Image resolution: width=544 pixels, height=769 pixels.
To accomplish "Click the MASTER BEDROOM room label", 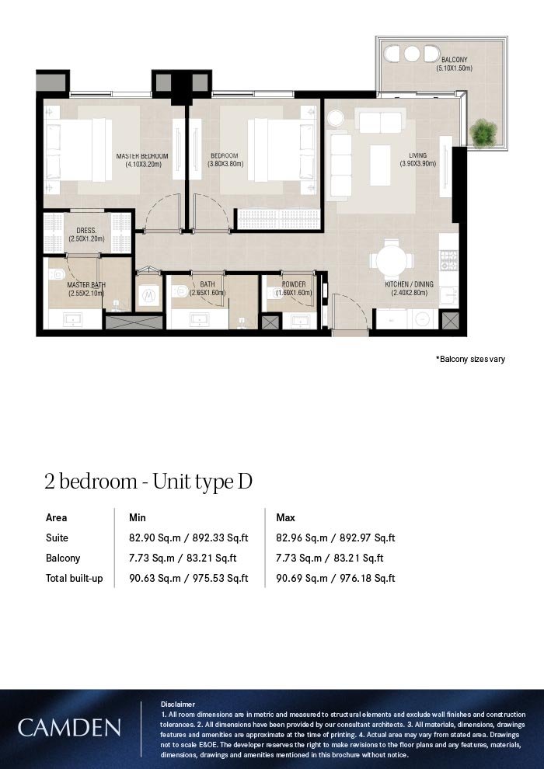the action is [x=141, y=156].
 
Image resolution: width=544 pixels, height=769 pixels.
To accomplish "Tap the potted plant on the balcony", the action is [x=483, y=132].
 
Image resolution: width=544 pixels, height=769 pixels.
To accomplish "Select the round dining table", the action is [x=391, y=260].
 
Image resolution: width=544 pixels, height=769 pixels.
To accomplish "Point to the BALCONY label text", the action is [x=454, y=59].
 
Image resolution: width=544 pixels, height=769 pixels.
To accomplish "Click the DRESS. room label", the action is [x=86, y=231].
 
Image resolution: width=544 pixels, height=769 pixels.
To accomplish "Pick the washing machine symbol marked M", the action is [x=149, y=295].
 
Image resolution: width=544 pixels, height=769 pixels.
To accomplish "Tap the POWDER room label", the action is [x=294, y=284].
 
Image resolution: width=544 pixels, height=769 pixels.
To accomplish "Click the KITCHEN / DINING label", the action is [x=409, y=284].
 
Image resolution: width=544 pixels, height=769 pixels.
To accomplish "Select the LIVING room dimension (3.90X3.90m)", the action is [x=417, y=164].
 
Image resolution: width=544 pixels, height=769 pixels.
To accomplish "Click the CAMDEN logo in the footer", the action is [x=69, y=728].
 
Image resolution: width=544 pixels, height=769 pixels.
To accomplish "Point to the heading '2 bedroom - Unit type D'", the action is [x=148, y=482].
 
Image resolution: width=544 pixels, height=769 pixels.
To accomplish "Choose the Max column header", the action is [x=285, y=517].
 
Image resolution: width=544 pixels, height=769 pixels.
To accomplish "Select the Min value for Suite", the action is [x=188, y=538].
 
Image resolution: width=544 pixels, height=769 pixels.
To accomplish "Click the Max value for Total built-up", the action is [x=336, y=578].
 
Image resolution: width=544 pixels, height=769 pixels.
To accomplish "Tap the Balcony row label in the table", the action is [x=63, y=558].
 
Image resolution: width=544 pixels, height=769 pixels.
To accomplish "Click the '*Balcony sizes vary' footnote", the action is [x=470, y=359].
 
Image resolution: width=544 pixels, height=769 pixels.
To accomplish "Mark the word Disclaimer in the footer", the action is [x=177, y=705].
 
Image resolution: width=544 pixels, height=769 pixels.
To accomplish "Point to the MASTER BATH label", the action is [x=86, y=285].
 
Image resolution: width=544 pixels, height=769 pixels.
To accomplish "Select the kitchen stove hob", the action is [x=448, y=260].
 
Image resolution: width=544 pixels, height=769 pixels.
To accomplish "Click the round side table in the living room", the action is [x=337, y=119].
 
